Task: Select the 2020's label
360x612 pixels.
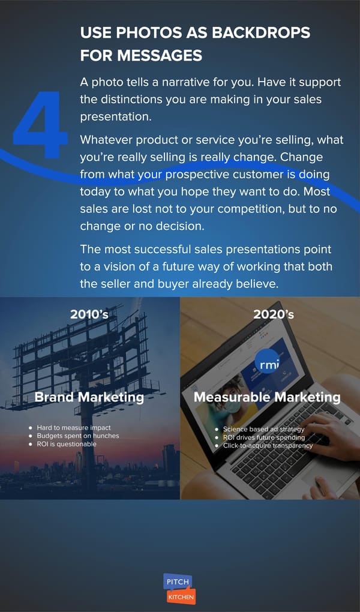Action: coord(274,314)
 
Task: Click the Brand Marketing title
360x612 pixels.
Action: coord(89,397)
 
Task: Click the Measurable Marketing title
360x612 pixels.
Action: coord(267,397)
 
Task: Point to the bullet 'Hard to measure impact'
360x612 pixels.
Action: coord(73,428)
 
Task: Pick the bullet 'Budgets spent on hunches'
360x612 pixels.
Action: coord(77,436)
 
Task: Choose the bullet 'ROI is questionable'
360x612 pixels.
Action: coord(66,443)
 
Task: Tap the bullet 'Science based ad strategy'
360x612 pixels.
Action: coord(263,429)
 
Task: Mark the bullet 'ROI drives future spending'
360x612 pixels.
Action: coord(263,437)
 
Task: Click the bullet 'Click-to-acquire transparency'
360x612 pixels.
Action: coord(268,446)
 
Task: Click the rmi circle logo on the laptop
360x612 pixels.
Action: coord(268,363)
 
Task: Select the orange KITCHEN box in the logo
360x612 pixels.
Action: coord(181,596)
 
